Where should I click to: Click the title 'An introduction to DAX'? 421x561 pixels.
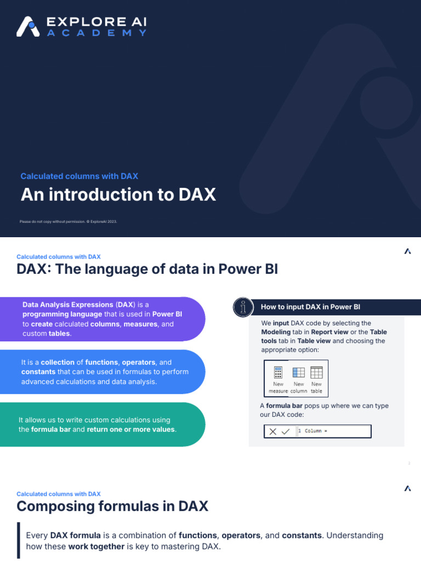point(118,194)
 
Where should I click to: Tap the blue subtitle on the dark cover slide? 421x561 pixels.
point(79,176)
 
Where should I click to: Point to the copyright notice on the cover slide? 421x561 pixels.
point(69,221)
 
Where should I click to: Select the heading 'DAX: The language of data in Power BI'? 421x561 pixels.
point(147,269)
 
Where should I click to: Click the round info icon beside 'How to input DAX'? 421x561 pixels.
point(243,307)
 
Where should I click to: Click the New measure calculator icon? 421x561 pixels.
point(278,373)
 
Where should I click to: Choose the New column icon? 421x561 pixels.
point(298,373)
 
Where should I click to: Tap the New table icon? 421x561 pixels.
point(316,373)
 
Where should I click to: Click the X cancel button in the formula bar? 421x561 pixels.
point(273,431)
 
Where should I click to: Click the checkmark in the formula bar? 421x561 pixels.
point(286,431)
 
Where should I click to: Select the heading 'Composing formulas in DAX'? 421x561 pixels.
point(112,506)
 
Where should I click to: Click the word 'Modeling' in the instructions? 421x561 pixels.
point(276,332)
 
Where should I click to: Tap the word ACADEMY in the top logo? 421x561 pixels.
point(96,33)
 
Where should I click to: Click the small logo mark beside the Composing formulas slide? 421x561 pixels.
point(407,488)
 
